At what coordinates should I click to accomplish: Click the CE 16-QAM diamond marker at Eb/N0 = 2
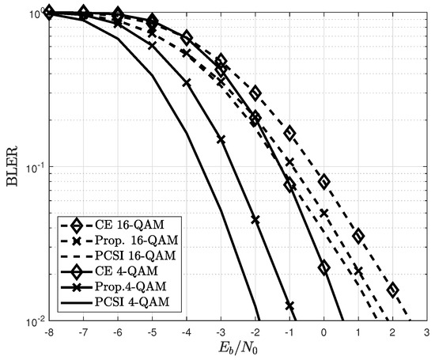392,290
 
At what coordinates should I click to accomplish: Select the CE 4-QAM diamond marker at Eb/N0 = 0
323,267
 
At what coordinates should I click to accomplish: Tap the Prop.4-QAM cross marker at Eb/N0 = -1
289,305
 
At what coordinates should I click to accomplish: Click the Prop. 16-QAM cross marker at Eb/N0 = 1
358,271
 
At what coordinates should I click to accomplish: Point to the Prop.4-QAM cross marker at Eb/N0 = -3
221,140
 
